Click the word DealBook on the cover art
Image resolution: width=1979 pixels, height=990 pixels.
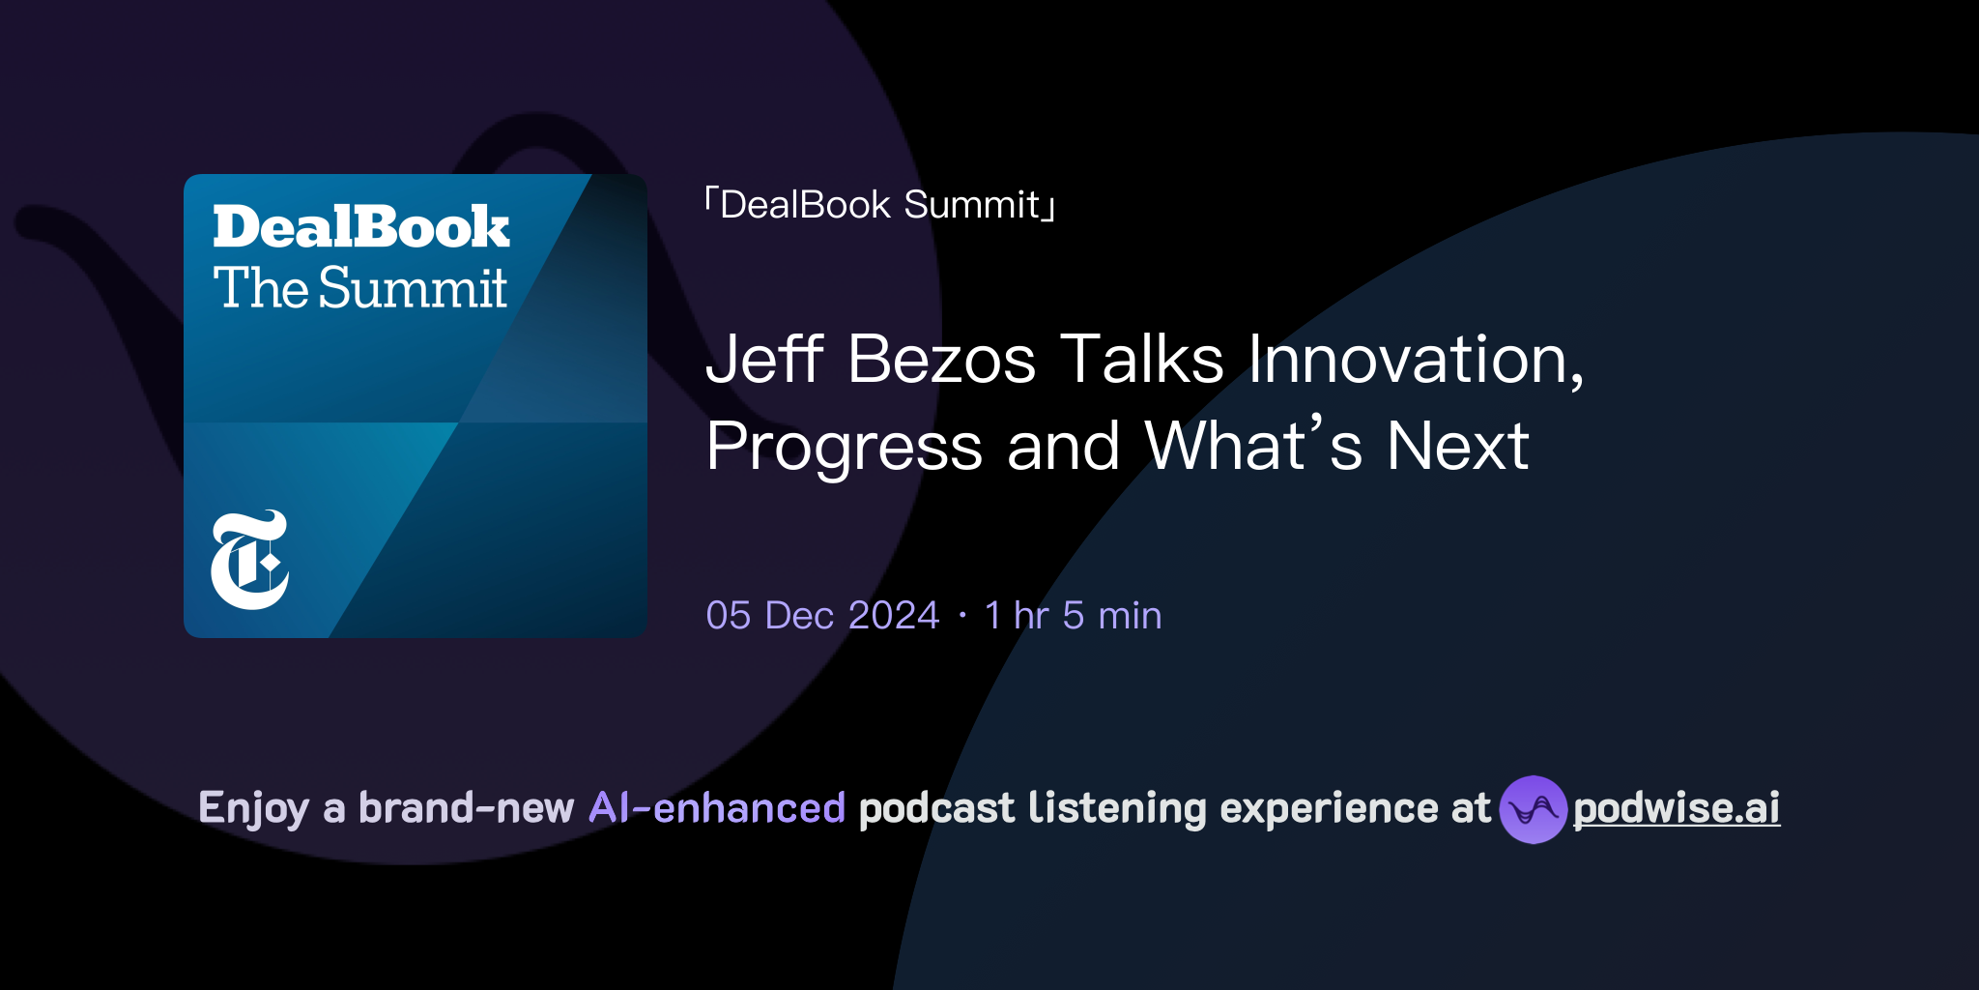click(360, 228)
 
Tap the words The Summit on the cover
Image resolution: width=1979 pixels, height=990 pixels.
click(360, 288)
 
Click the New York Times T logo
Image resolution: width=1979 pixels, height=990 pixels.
click(249, 560)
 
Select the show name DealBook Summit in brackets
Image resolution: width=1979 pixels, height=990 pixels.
click(880, 205)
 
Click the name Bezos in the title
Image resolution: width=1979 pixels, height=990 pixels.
click(941, 360)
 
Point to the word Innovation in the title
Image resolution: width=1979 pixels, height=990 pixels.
click(1416, 360)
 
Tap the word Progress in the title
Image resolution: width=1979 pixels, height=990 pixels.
click(844, 447)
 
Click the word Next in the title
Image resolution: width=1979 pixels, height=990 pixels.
click(1457, 447)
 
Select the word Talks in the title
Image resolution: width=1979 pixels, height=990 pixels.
click(1142, 360)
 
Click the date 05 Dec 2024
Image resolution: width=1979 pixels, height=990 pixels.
click(822, 616)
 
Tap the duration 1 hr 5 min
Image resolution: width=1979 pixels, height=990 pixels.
click(1073, 616)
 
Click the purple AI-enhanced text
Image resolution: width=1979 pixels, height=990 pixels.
click(717, 808)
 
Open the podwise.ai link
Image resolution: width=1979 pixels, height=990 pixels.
click(1677, 808)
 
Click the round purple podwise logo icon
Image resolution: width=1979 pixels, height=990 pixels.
click(1533, 809)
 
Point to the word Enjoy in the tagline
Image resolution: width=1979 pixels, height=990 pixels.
click(253, 808)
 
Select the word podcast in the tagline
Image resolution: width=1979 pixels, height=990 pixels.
click(936, 808)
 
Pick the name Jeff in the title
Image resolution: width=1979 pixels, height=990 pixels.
click(764, 360)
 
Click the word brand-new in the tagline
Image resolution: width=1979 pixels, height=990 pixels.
click(466, 808)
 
